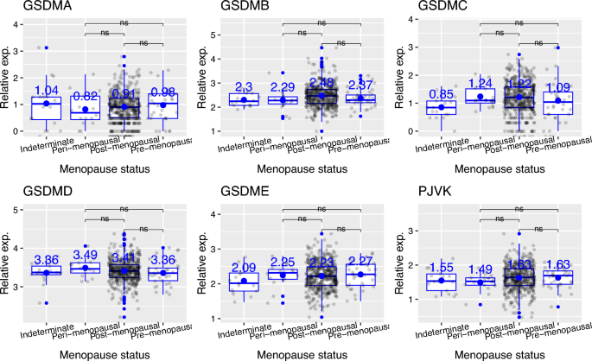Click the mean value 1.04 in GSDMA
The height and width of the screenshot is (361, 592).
[x=46, y=90]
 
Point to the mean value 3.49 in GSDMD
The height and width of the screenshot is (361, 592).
[x=85, y=256]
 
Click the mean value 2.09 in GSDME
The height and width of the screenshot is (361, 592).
[x=243, y=268]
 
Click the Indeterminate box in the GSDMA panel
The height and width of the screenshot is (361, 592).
[x=46, y=108]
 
